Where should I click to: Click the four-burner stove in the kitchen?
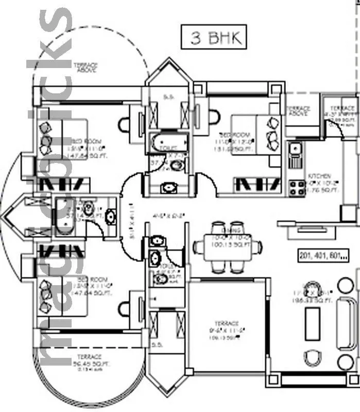[297, 188]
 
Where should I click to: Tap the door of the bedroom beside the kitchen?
[207, 183]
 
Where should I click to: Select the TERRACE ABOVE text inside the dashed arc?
[85, 68]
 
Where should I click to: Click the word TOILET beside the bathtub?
[164, 146]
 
